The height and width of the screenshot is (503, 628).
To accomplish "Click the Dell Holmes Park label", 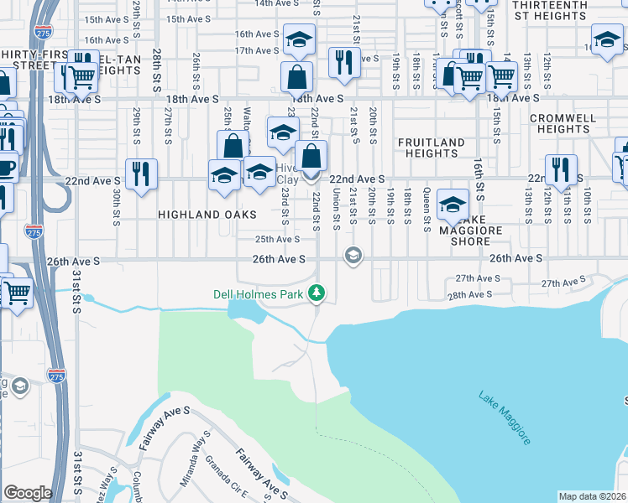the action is click(258, 293).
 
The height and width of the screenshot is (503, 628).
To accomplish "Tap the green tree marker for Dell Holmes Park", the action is click(317, 293).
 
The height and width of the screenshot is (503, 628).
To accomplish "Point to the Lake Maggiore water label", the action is click(505, 418).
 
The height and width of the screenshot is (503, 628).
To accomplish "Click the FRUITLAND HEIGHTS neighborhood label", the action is click(431, 148).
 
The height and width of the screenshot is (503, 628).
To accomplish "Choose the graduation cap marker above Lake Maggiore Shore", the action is click(453, 205).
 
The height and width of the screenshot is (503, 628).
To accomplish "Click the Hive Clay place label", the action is click(288, 174).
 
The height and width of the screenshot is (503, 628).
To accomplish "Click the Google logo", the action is click(28, 493).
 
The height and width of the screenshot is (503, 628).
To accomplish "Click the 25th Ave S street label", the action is click(278, 240).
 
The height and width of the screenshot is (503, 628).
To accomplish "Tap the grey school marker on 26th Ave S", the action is click(353, 256).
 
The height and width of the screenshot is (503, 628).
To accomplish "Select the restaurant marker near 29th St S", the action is click(139, 174).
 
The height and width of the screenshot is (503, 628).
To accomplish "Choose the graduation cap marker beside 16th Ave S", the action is click(297, 39).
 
